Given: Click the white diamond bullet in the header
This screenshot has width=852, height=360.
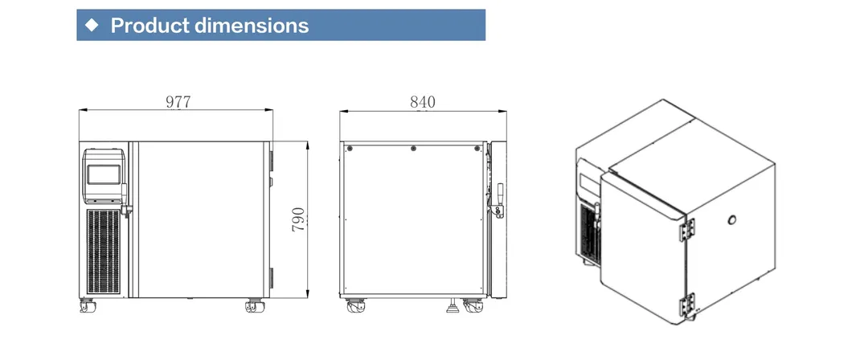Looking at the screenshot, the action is (92, 24).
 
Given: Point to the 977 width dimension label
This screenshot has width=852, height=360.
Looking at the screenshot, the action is (178, 101).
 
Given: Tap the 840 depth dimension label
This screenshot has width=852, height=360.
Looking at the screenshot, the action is (423, 101).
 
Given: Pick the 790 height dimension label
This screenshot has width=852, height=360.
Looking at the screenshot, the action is (298, 219).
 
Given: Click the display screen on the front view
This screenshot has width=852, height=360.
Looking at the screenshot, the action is (104, 174).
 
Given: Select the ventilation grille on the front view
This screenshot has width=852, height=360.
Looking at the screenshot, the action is (103, 252).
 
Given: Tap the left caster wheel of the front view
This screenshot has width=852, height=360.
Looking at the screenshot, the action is (87, 305).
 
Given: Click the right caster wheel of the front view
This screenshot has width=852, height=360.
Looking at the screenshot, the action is (255, 305).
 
